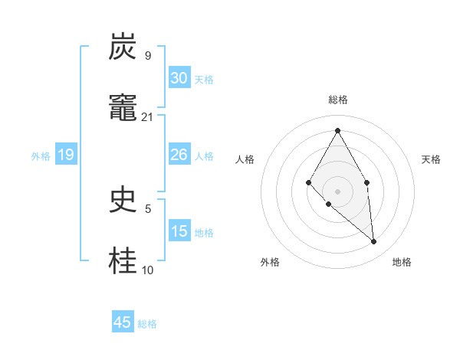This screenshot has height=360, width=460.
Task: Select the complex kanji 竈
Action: click(x=123, y=109)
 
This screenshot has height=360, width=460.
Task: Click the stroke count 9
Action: click(x=147, y=55)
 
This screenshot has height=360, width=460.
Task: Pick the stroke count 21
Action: click(x=147, y=116)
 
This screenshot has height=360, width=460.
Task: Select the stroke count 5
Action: click(x=147, y=208)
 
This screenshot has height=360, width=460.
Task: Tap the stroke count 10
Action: click(x=147, y=270)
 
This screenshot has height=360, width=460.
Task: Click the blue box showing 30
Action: click(x=179, y=78)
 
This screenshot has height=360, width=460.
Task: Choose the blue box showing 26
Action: click(x=179, y=155)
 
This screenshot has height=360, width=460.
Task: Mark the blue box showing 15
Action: click(x=179, y=231)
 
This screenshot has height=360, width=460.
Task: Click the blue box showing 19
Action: click(x=66, y=155)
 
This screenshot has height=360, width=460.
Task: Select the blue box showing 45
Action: click(x=123, y=322)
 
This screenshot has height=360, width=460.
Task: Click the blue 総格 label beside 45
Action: click(x=147, y=324)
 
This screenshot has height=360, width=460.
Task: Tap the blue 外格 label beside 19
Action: click(x=41, y=156)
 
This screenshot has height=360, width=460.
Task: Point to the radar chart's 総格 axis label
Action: click(x=338, y=100)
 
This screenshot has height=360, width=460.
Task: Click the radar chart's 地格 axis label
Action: click(x=402, y=262)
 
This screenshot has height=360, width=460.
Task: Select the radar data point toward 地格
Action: click(x=374, y=241)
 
